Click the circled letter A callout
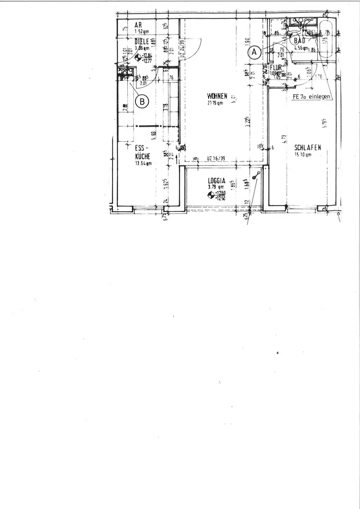click(255, 51)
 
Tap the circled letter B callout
click(143, 101)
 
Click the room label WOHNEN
click(217, 96)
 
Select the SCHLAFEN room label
click(307, 148)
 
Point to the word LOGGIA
click(217, 181)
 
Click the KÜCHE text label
click(143, 158)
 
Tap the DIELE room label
click(141, 42)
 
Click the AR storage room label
click(137, 24)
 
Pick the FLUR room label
click(276, 67)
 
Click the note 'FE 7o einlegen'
click(311, 96)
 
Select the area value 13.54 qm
click(143, 164)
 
